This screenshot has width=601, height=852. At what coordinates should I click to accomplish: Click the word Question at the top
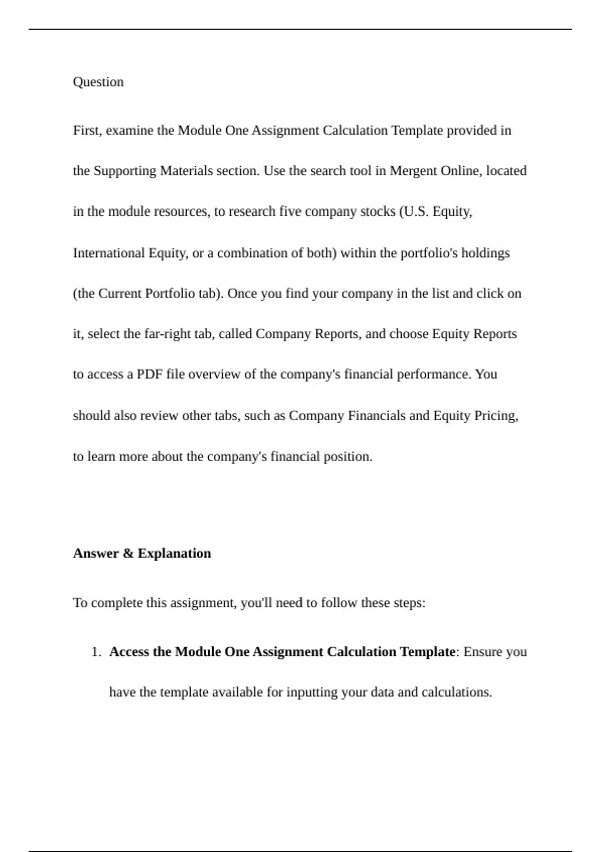[x=98, y=82]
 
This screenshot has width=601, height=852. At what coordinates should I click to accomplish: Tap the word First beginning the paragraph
[x=88, y=130]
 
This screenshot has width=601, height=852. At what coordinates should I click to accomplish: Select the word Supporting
[x=125, y=171]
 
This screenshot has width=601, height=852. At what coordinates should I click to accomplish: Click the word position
[x=348, y=456]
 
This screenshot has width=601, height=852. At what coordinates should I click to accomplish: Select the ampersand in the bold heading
[x=128, y=553]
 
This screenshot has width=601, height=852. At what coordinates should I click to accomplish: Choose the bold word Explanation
[x=174, y=553]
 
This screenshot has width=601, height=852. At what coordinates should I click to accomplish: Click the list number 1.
[x=96, y=652]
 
